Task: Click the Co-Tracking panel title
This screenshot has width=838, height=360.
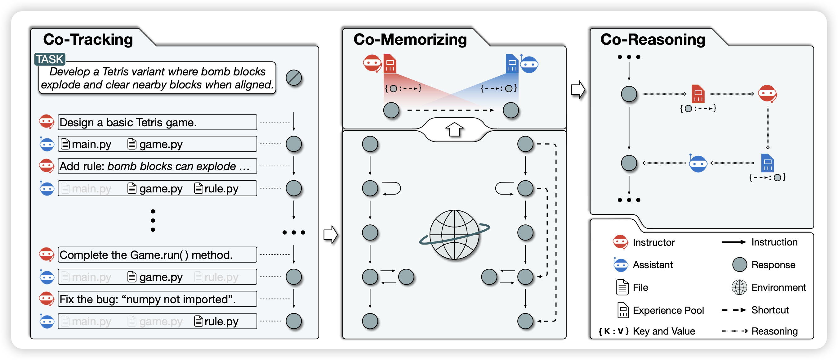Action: pyautogui.click(x=88, y=39)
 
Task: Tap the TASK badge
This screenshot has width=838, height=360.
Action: pyautogui.click(x=50, y=59)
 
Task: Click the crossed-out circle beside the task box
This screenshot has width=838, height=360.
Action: pyautogui.click(x=293, y=78)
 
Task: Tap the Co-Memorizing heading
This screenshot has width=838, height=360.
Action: pyautogui.click(x=410, y=39)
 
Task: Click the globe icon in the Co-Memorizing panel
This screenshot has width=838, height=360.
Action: pyautogui.click(x=454, y=235)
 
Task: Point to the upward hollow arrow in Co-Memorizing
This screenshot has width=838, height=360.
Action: pyautogui.click(x=454, y=129)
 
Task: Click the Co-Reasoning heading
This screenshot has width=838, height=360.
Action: pyautogui.click(x=653, y=39)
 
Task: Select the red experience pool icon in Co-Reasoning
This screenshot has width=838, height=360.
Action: pyautogui.click(x=698, y=94)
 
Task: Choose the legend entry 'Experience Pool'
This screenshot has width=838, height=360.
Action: pyautogui.click(x=668, y=310)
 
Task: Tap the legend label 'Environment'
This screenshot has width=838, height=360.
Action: pyautogui.click(x=778, y=287)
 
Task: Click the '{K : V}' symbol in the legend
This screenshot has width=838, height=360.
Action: pyautogui.click(x=613, y=331)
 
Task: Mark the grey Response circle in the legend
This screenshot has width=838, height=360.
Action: pyautogui.click(x=739, y=265)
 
